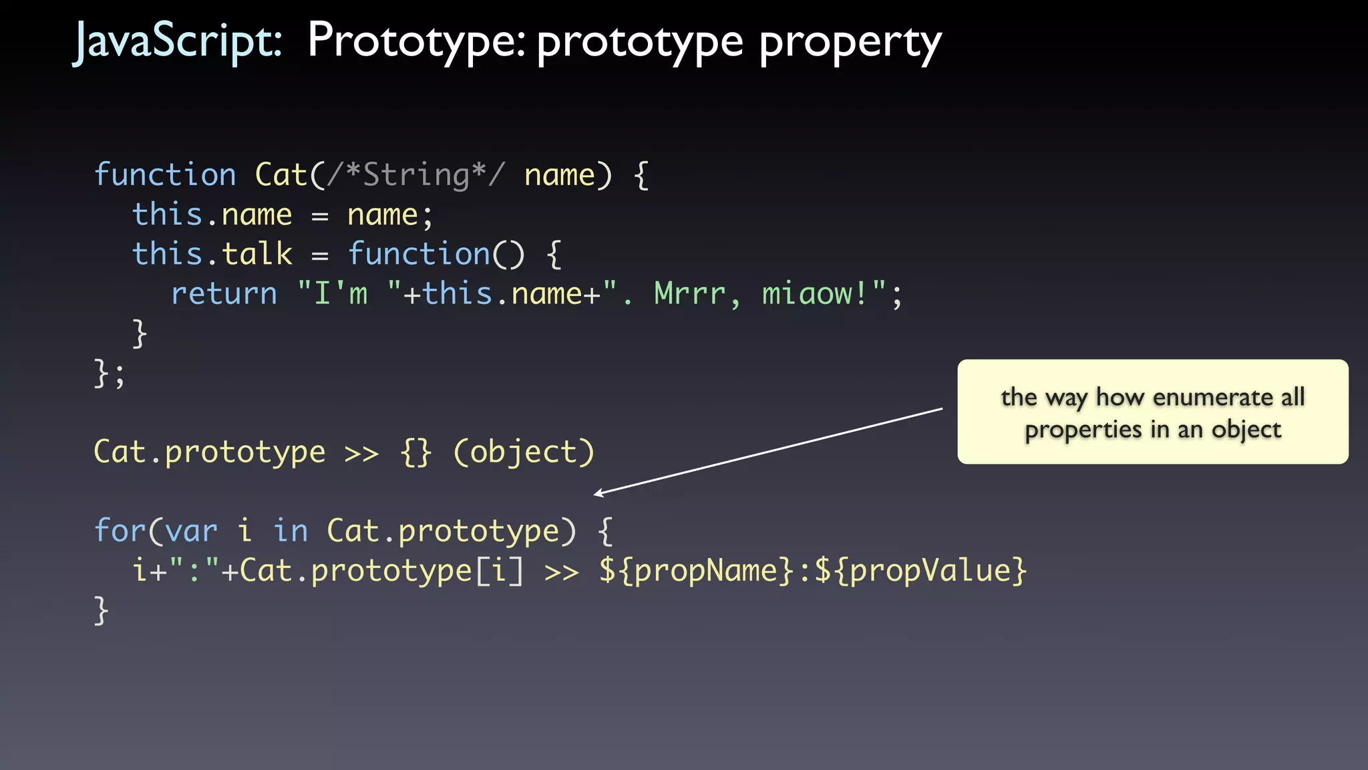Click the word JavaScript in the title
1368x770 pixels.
177,41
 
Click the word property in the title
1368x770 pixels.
850,43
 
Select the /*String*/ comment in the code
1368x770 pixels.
415,175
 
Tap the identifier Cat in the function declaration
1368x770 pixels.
281,175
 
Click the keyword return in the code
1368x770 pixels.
224,294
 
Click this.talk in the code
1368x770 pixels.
212,255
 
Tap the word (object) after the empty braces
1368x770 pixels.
524,453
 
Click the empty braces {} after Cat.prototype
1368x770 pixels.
416,453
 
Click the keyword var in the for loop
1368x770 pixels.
191,531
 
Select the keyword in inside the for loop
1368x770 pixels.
291,531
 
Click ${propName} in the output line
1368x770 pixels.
696,571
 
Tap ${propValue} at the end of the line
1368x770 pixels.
920,571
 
